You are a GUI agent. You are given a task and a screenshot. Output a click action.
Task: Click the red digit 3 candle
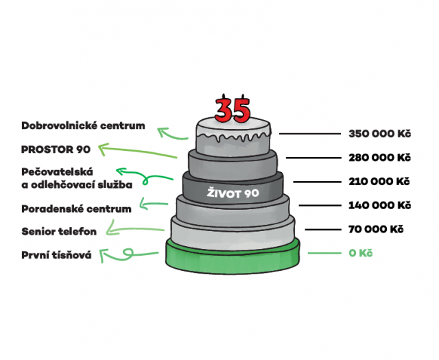pos(225,109)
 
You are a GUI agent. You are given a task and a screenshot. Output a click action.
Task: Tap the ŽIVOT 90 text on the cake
pos(233,194)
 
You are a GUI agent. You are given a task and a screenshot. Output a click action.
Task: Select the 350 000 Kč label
pos(379,134)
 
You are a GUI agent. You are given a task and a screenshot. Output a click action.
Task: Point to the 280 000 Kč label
pos(379,157)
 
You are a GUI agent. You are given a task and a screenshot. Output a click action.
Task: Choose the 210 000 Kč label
pos(379,182)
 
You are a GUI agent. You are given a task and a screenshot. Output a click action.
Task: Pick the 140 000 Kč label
pos(379,205)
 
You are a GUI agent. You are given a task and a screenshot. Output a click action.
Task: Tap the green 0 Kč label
pos(360,253)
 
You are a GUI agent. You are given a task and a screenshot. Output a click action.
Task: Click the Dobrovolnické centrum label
pos(83,125)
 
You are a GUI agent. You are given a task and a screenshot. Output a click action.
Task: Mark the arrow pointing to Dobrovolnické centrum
pos(171,132)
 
